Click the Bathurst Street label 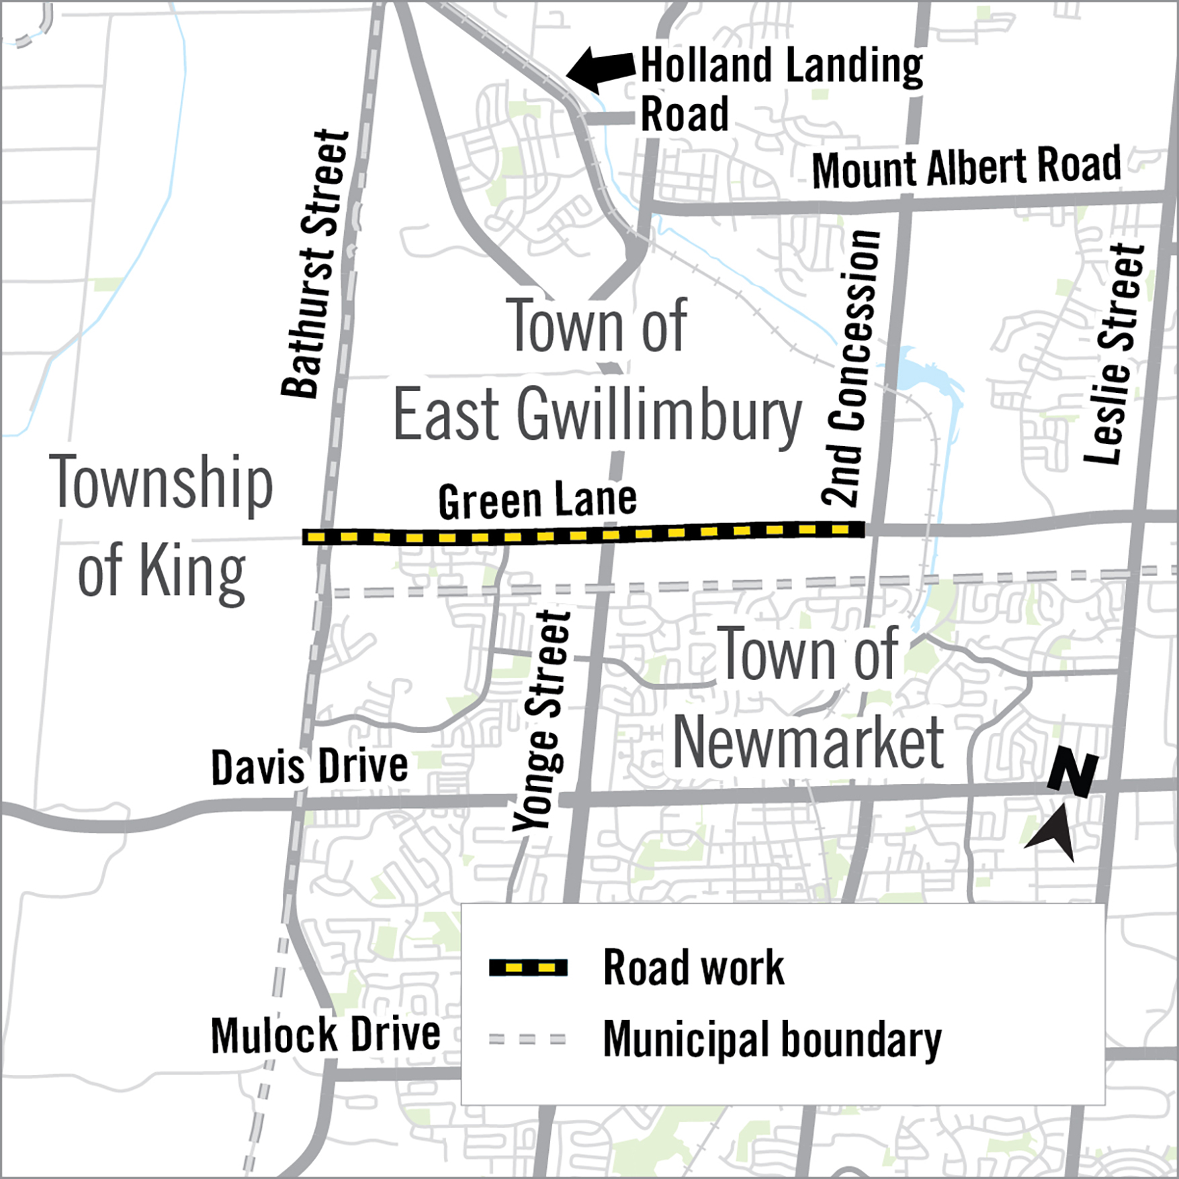[315, 263]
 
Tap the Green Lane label [537, 500]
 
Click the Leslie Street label [1115, 354]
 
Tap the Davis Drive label [309, 767]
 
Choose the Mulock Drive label [325, 1035]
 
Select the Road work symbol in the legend [528, 968]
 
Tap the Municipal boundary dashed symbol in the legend [528, 1039]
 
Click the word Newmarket [808, 743]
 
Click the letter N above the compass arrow [1073, 774]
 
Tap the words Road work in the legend [693, 968]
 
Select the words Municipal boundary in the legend [772, 1039]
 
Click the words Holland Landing [781, 66]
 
